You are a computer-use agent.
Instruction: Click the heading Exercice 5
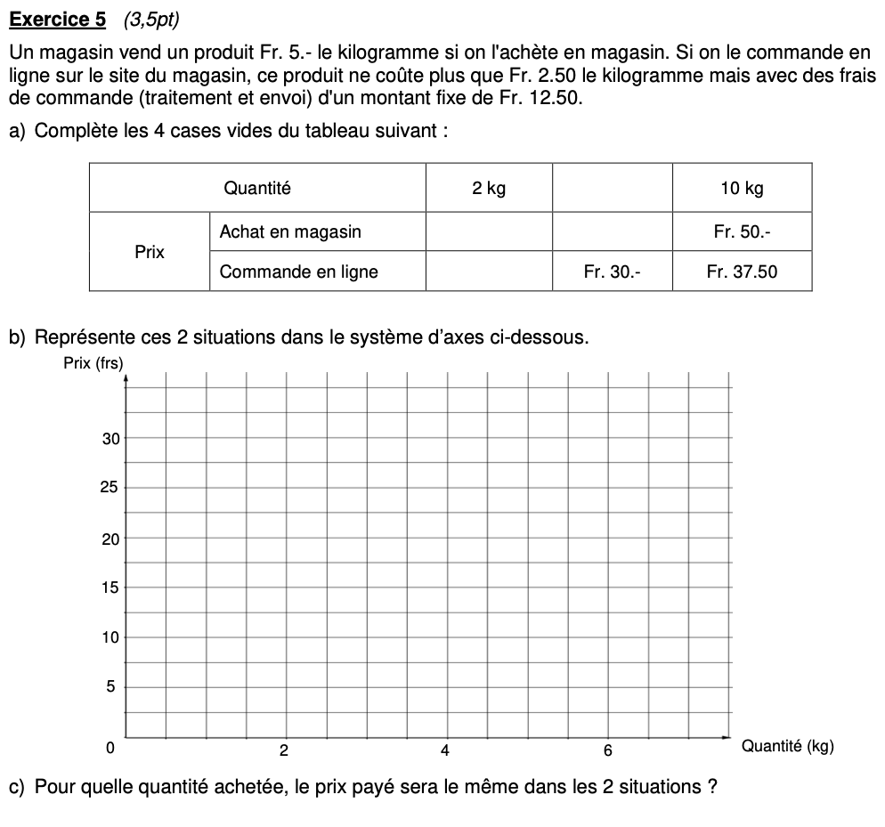pyautogui.click(x=57, y=19)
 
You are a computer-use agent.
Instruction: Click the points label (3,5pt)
pyautogui.click(x=147, y=19)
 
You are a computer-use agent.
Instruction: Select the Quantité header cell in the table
pyautogui.click(x=257, y=188)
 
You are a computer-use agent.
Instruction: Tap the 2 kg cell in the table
pyautogui.click(x=489, y=188)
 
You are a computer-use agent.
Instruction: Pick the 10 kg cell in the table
pyautogui.click(x=742, y=188)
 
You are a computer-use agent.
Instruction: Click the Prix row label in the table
pyautogui.click(x=150, y=252)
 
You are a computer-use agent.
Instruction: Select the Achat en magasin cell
pyautogui.click(x=290, y=232)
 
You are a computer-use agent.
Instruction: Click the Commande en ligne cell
pyautogui.click(x=299, y=272)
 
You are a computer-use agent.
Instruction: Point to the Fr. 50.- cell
pyautogui.click(x=742, y=232)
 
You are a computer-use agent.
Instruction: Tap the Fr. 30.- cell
pyautogui.click(x=612, y=272)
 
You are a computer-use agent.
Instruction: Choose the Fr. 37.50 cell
pyautogui.click(x=742, y=272)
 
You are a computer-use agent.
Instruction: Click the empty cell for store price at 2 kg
pyautogui.click(x=489, y=232)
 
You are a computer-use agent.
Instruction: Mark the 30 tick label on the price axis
pyautogui.click(x=110, y=439)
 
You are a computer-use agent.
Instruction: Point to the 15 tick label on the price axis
pyautogui.click(x=110, y=588)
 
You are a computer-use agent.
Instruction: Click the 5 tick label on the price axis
pyautogui.click(x=110, y=687)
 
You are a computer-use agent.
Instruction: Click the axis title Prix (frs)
pyautogui.click(x=93, y=362)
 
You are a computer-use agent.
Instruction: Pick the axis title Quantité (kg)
pyautogui.click(x=787, y=747)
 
